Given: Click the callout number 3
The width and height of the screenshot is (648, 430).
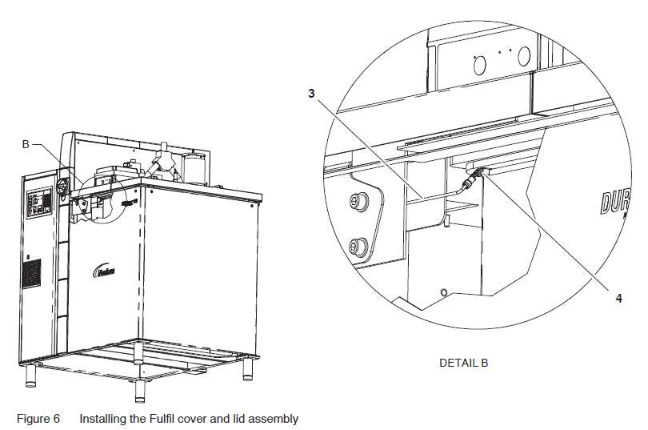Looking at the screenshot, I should point(312,94).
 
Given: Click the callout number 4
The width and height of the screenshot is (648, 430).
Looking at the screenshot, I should point(618,298).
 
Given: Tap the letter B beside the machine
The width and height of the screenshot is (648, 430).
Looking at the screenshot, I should point(26,145).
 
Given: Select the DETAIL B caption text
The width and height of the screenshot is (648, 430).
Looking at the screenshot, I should point(463,363).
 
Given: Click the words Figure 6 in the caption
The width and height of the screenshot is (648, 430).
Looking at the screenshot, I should point(38,419).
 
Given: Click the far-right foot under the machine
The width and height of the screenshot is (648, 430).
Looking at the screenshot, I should point(249,369).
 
